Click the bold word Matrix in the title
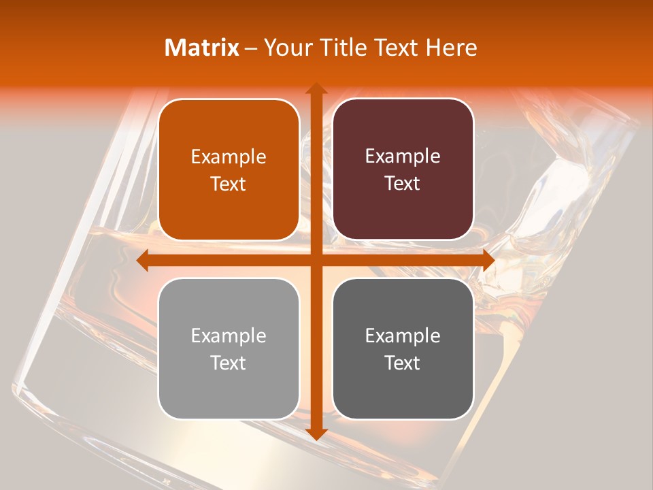(x=202, y=48)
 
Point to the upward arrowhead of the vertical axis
(x=316, y=88)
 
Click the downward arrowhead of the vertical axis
(x=316, y=434)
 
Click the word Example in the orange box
(x=229, y=157)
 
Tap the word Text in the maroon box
(x=403, y=184)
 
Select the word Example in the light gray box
(x=229, y=336)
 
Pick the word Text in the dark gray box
(x=403, y=363)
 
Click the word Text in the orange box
(x=229, y=184)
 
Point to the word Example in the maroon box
(x=403, y=157)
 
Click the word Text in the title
(x=396, y=48)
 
